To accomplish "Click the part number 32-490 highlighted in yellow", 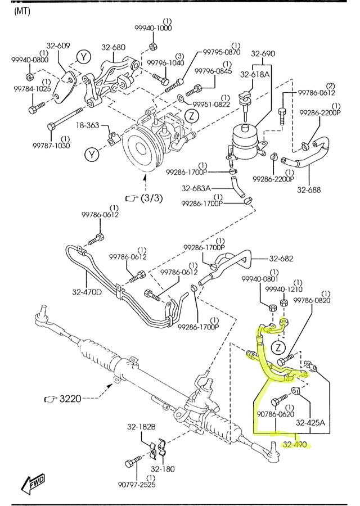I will pos(295,444).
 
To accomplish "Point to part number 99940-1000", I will pos(153,28).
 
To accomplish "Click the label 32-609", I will pos(58,46).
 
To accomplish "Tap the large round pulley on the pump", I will pos(138,148).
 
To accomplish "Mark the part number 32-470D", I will pos(88,292).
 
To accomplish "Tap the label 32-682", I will pos(281,259).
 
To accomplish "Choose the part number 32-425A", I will pos(311,422).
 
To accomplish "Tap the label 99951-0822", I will pos(211,104).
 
